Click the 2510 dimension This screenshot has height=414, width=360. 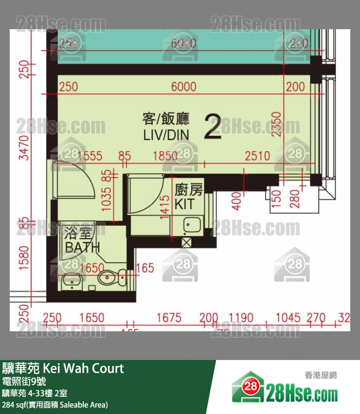(257, 156)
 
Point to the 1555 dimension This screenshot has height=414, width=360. (90, 156)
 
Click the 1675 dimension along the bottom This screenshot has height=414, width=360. (169, 318)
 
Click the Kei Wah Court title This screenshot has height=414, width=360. (63, 368)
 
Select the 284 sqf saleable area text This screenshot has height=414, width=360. (55, 404)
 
